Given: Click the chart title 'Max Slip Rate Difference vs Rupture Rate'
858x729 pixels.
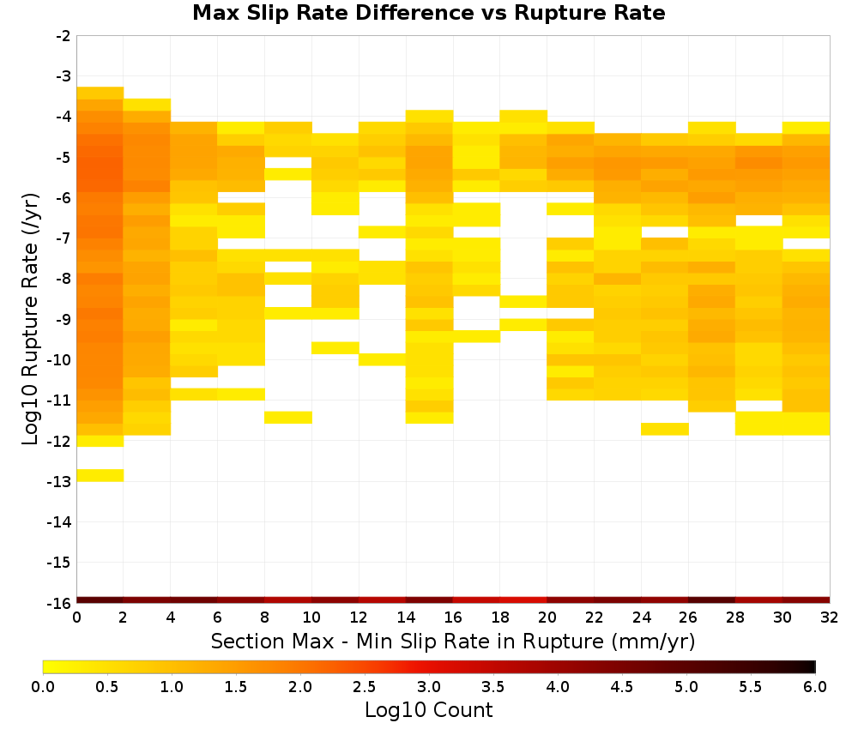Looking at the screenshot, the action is [428, 13].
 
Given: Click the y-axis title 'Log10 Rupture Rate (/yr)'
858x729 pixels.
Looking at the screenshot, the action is [30, 319].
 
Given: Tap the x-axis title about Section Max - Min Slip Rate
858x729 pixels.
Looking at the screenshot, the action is [452, 642].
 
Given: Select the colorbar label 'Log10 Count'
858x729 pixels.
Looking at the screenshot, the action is [428, 710].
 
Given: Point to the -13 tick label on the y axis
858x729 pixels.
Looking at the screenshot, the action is [59, 482].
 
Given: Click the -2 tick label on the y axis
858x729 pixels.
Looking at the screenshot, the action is [63, 36].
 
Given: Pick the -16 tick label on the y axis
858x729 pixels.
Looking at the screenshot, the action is [59, 603].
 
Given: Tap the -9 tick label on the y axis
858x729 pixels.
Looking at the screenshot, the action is [63, 320].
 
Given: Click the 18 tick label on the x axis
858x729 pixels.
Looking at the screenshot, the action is [500, 618].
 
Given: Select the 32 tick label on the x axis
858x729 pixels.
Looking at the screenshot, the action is [830, 618].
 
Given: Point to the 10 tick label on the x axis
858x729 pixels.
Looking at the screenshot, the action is [311, 618].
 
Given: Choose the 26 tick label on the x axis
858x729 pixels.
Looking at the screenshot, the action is [688, 618].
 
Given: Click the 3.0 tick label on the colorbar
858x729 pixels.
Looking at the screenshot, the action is [429, 687].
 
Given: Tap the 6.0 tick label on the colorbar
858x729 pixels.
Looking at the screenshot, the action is [815, 687].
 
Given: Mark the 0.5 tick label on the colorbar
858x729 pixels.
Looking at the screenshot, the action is [106, 687].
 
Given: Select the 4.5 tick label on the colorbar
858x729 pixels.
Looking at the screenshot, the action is [622, 687].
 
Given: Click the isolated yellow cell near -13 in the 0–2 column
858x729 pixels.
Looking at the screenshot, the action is [100, 475].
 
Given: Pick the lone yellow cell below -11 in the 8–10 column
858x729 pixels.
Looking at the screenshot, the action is [288, 418].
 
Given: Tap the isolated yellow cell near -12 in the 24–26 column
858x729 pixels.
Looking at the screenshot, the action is [665, 429].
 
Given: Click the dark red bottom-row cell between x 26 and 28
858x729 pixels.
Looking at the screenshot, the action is [712, 600].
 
